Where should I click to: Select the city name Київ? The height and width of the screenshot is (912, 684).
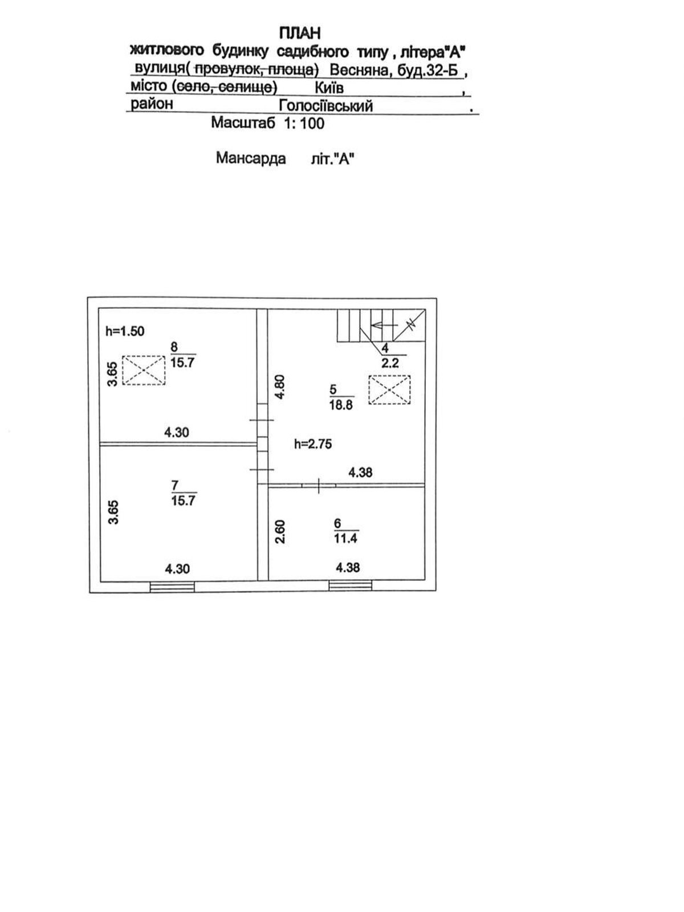pyautogui.click(x=329, y=88)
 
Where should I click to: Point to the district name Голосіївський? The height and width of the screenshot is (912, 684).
pyautogui.click(x=325, y=106)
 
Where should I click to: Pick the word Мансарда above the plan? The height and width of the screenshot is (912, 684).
pyautogui.click(x=251, y=158)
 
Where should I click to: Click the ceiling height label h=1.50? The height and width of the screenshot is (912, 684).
pyautogui.click(x=125, y=331)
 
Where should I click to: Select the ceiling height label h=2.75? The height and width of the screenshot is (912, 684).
pyautogui.click(x=313, y=444)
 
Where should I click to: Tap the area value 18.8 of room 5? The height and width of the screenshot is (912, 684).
pyautogui.click(x=341, y=405)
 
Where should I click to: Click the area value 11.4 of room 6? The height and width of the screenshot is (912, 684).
pyautogui.click(x=345, y=538)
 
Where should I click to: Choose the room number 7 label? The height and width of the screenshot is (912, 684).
pyautogui.click(x=175, y=486)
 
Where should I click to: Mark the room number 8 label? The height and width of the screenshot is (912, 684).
pyautogui.click(x=174, y=347)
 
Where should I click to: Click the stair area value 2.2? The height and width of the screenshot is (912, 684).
pyautogui.click(x=390, y=363)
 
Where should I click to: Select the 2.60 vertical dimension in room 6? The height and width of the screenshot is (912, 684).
pyautogui.click(x=280, y=531)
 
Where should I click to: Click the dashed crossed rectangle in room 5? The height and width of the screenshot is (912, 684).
pyautogui.click(x=390, y=390)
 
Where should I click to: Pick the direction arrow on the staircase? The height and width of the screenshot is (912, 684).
pyautogui.click(x=383, y=325)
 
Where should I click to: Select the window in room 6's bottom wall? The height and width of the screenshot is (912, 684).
pyautogui.click(x=351, y=585)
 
